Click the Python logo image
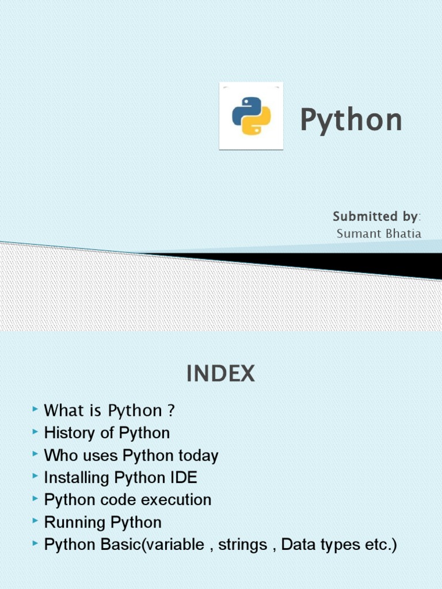(250, 116)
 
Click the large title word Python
(350, 120)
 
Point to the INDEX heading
(220, 375)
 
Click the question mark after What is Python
(170, 411)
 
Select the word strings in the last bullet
(242, 545)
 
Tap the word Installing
(77, 478)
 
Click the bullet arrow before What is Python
(36, 409)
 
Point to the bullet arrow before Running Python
(36, 521)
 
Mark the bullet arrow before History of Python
(36, 431)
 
